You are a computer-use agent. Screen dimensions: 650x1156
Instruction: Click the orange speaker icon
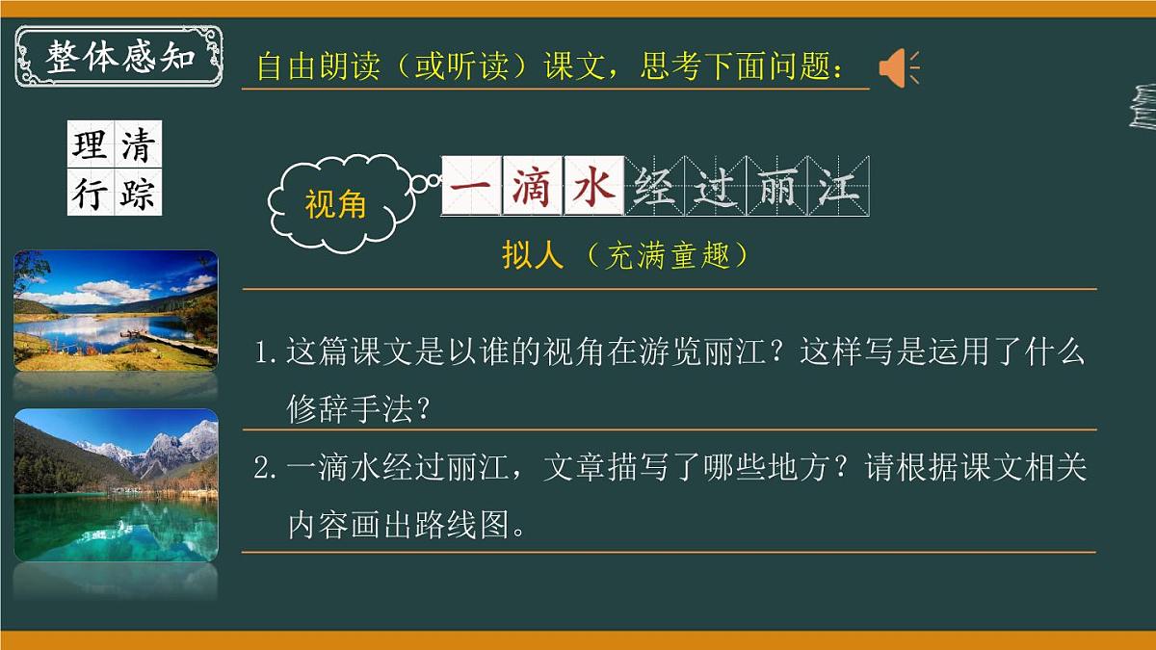897,68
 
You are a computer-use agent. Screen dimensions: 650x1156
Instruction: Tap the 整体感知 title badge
119,57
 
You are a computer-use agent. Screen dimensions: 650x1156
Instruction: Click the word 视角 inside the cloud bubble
335,205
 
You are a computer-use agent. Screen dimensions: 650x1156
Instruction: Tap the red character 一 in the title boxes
472,186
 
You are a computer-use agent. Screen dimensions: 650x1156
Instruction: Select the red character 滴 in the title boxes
533,186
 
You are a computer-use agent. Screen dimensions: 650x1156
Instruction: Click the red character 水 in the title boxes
593,186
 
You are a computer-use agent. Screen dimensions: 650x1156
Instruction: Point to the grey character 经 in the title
655,186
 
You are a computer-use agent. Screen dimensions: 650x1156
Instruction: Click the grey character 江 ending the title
837,186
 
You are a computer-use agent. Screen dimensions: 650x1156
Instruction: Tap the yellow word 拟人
532,255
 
